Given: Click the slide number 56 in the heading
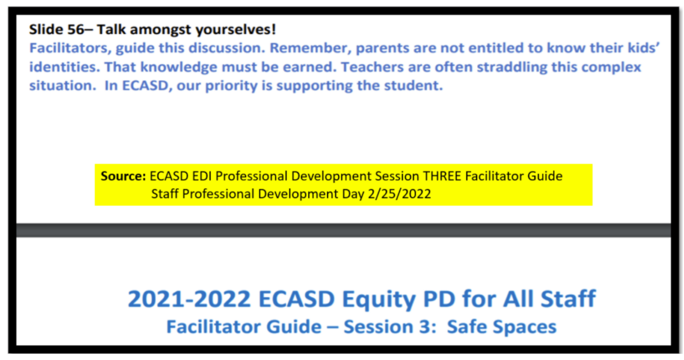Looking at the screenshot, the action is (x=75, y=30).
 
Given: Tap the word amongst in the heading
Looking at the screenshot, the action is (x=161, y=31).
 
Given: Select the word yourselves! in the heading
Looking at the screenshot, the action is (x=236, y=31).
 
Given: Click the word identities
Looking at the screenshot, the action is (x=64, y=67).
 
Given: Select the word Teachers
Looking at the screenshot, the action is (x=372, y=67).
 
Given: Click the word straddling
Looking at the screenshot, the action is (x=512, y=67).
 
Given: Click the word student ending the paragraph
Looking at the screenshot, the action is (x=413, y=86).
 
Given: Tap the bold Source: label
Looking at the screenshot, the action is (x=123, y=176).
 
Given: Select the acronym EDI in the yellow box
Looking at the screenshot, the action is (x=202, y=176).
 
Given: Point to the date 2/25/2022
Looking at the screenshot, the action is (x=399, y=194).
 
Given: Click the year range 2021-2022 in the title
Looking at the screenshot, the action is (x=189, y=299).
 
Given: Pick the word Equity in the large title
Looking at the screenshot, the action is (x=379, y=299).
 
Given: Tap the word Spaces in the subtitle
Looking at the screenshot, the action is (x=524, y=327).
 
